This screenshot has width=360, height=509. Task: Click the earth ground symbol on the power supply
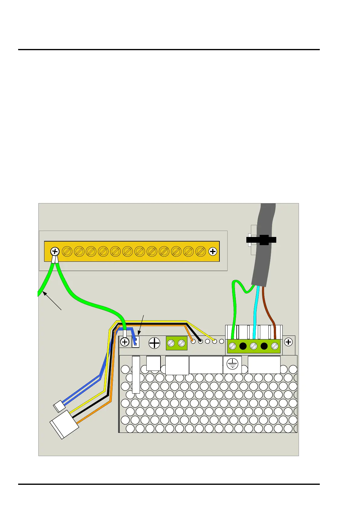pyautogui.click(x=232, y=365)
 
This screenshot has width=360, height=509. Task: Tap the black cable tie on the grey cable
pyautogui.click(x=261, y=240)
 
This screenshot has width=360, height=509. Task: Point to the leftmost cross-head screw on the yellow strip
pyautogui.click(x=55, y=251)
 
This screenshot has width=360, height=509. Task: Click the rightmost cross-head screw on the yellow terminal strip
pyautogui.click(x=213, y=251)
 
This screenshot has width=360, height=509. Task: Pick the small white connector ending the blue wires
pyautogui.click(x=59, y=406)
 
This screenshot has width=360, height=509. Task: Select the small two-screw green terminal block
pyautogui.click(x=177, y=343)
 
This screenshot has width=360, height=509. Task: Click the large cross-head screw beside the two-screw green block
pyautogui.click(x=154, y=343)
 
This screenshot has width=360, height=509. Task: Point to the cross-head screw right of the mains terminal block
pyautogui.click(x=288, y=342)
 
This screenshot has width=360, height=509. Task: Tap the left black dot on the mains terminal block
pyautogui.click(x=243, y=346)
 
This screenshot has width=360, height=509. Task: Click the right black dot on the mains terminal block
pyautogui.click(x=264, y=346)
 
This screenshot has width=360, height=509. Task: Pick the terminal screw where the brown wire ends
pyautogui.click(x=275, y=346)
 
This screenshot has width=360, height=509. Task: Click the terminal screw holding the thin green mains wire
pyautogui.click(x=232, y=346)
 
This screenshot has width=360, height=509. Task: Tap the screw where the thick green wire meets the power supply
pyautogui.click(x=125, y=342)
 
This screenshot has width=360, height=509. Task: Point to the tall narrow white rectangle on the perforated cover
pyautogui.click(x=136, y=374)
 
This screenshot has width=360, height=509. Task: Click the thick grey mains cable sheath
pyautogui.click(x=264, y=263)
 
